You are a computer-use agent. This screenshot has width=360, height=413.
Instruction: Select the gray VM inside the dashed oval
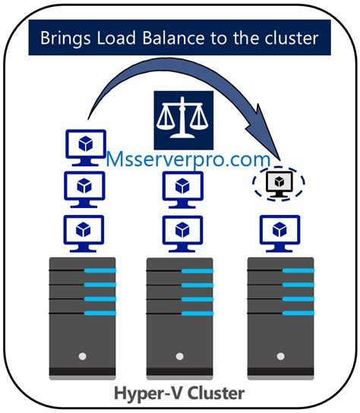point(279,183)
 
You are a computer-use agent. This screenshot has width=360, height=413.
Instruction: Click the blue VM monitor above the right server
point(279,230)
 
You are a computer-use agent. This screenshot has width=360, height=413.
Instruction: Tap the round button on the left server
point(81,355)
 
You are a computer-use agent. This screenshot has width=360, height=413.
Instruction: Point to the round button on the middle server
point(180,355)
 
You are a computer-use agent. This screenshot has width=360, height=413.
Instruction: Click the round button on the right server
point(279,355)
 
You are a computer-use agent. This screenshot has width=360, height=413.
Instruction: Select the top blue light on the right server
point(298,270)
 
